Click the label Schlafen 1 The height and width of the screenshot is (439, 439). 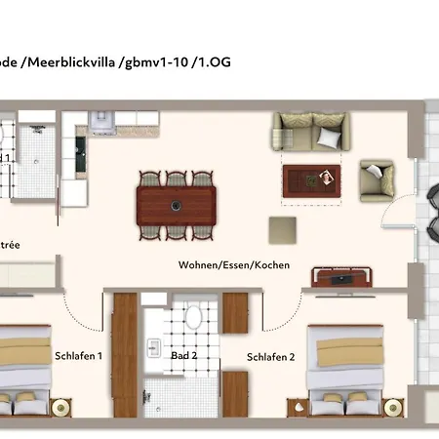[79, 356]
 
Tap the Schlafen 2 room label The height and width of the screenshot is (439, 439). [270, 356]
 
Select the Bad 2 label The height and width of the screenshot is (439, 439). [183, 356]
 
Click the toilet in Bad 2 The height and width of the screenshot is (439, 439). [193, 315]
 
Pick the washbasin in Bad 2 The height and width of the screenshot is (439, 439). [154, 346]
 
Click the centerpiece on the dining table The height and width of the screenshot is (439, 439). [177, 205]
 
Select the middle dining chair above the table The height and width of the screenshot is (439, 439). [177, 180]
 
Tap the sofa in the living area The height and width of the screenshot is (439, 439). [309, 130]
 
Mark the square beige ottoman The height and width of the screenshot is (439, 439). [283, 230]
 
